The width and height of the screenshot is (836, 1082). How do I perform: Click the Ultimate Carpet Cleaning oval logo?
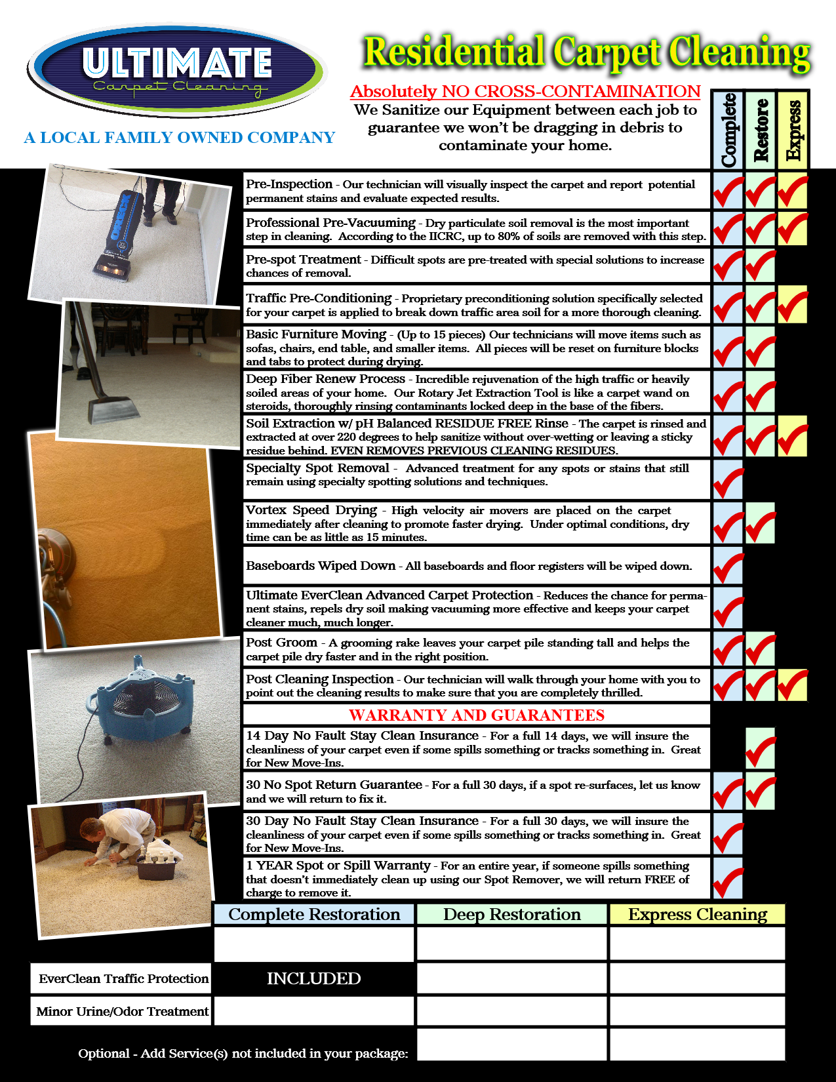tap(177, 71)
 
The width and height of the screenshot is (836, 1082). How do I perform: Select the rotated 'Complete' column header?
tap(728, 130)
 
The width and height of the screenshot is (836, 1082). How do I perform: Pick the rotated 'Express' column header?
tap(793, 130)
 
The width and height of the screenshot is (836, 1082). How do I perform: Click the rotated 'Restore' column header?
tap(761, 130)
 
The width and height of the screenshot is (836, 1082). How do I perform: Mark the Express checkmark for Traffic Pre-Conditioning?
tap(793, 305)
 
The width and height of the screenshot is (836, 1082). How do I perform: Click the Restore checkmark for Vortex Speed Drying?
tap(761, 523)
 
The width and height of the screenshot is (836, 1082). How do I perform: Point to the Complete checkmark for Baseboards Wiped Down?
tap(728, 565)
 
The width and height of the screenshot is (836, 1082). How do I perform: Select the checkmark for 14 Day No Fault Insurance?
tap(761, 748)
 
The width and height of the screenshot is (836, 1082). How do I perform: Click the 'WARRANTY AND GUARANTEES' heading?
tap(477, 715)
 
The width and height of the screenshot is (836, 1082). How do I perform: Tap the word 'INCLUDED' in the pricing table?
tap(313, 978)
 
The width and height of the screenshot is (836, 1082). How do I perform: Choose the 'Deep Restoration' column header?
tap(511, 914)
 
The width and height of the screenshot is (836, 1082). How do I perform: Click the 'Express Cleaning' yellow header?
tap(698, 914)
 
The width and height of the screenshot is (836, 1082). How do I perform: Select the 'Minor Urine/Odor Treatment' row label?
tap(123, 1011)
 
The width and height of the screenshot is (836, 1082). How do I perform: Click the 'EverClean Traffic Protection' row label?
tap(123, 978)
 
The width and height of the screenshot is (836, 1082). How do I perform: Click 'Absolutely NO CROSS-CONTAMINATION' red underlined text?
tap(525, 91)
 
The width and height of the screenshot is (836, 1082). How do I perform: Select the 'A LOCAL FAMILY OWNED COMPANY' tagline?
tap(179, 138)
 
